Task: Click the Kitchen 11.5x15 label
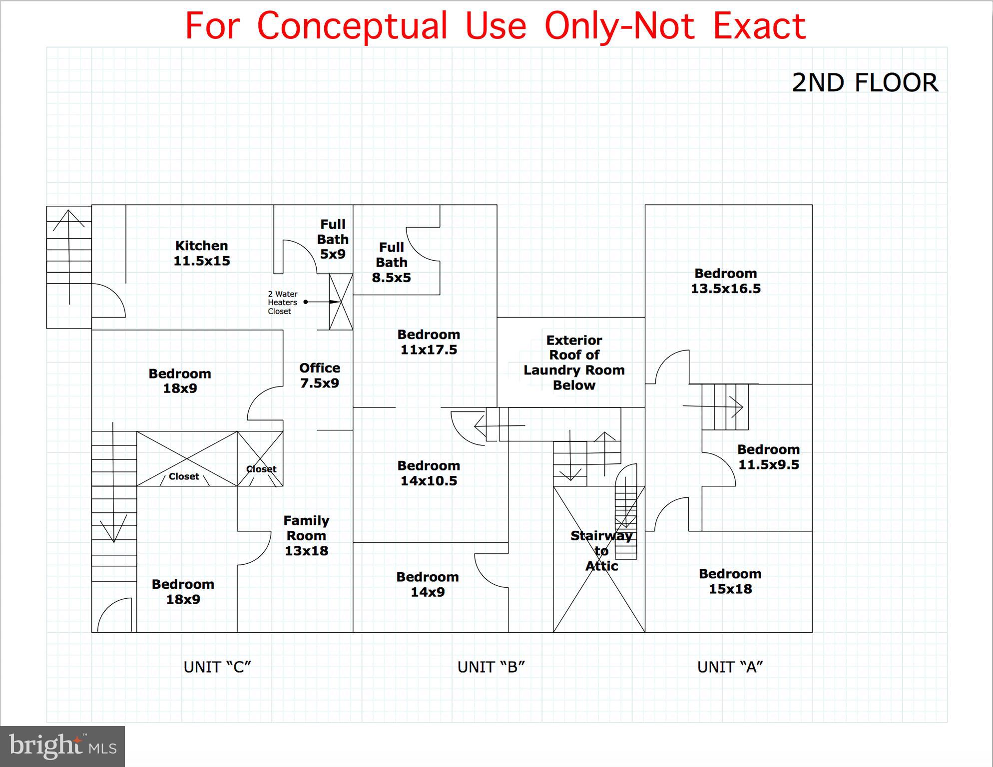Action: tap(202, 253)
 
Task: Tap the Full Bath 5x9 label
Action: tap(333, 239)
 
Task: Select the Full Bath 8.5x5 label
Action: tap(392, 263)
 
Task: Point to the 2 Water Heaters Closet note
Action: tap(282, 303)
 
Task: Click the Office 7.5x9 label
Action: tap(320, 376)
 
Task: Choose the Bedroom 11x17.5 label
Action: tap(429, 342)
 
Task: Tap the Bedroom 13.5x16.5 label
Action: tap(726, 281)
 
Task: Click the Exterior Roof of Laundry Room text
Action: tap(574, 355)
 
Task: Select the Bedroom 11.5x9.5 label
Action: tap(768, 457)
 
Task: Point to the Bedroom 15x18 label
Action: tap(730, 581)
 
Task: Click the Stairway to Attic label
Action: tap(601, 551)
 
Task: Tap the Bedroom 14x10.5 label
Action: tap(429, 473)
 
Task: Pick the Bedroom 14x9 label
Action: tap(428, 584)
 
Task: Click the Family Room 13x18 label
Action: tap(306, 536)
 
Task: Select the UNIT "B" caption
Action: tap(491, 667)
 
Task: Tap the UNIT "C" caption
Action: tap(217, 667)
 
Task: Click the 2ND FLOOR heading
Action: tap(865, 83)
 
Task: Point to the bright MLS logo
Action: tap(62, 746)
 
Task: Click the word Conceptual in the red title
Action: tap(352, 26)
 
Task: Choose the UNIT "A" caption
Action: tap(730, 667)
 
